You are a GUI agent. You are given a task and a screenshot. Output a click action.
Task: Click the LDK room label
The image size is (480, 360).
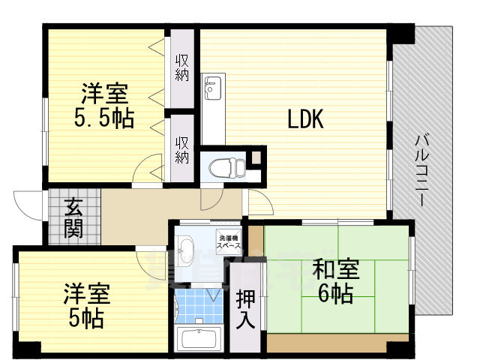[304, 120]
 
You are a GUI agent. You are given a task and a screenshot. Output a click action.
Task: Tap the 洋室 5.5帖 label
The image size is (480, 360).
[105, 106]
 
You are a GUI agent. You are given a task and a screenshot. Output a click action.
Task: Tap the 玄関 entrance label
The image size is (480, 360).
[73, 217]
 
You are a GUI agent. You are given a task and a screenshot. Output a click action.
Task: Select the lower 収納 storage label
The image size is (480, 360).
[182, 146]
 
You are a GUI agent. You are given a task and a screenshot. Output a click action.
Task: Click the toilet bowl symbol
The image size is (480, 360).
[224, 166]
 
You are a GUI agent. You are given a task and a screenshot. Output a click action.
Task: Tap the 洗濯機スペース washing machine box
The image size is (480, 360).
[229, 239]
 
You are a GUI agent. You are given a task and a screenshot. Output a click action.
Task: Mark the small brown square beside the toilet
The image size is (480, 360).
[256, 158]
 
